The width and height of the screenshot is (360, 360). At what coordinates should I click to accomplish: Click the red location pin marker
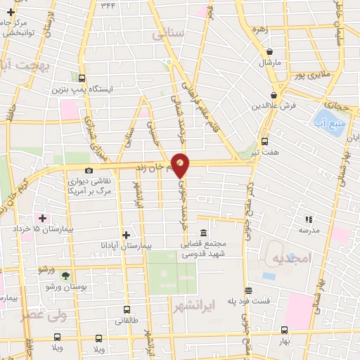[181, 165]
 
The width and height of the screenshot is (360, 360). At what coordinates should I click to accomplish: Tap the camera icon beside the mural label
[89, 170]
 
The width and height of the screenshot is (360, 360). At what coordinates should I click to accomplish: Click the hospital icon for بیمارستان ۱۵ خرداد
[43, 218]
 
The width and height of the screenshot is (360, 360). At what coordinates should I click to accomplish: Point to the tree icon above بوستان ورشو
[66, 276]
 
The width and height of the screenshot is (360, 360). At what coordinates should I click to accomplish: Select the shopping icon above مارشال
[271, 51]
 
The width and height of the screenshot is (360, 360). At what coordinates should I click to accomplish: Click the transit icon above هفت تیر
[264, 141]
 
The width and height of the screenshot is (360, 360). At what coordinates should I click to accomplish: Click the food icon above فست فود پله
[247, 290]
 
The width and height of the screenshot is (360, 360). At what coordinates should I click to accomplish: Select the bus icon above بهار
[283, 329]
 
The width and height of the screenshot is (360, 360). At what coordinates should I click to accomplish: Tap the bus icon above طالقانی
[127, 309]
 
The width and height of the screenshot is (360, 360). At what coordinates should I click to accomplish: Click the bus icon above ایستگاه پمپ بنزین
[82, 79]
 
